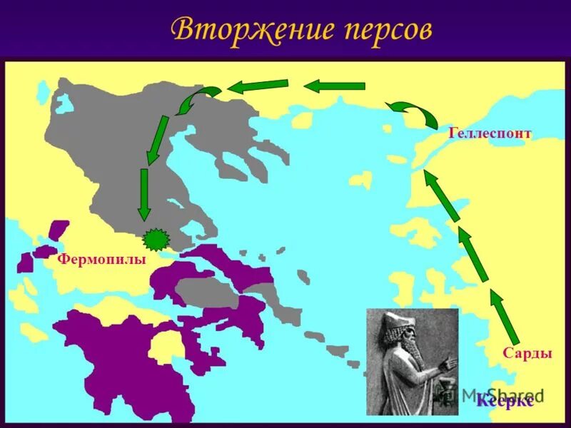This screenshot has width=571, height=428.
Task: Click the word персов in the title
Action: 372,30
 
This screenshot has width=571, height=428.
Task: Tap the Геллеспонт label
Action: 490,133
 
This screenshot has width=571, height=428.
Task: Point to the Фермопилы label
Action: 101,260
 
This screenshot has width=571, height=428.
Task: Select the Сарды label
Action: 527,353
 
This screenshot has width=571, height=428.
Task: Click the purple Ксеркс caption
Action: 505,401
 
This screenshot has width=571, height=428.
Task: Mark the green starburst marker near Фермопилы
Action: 153,237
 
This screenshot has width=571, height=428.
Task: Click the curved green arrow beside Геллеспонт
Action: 412,113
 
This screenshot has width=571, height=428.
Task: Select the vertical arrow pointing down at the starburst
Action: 143,193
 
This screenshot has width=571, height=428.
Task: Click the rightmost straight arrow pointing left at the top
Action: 334,86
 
